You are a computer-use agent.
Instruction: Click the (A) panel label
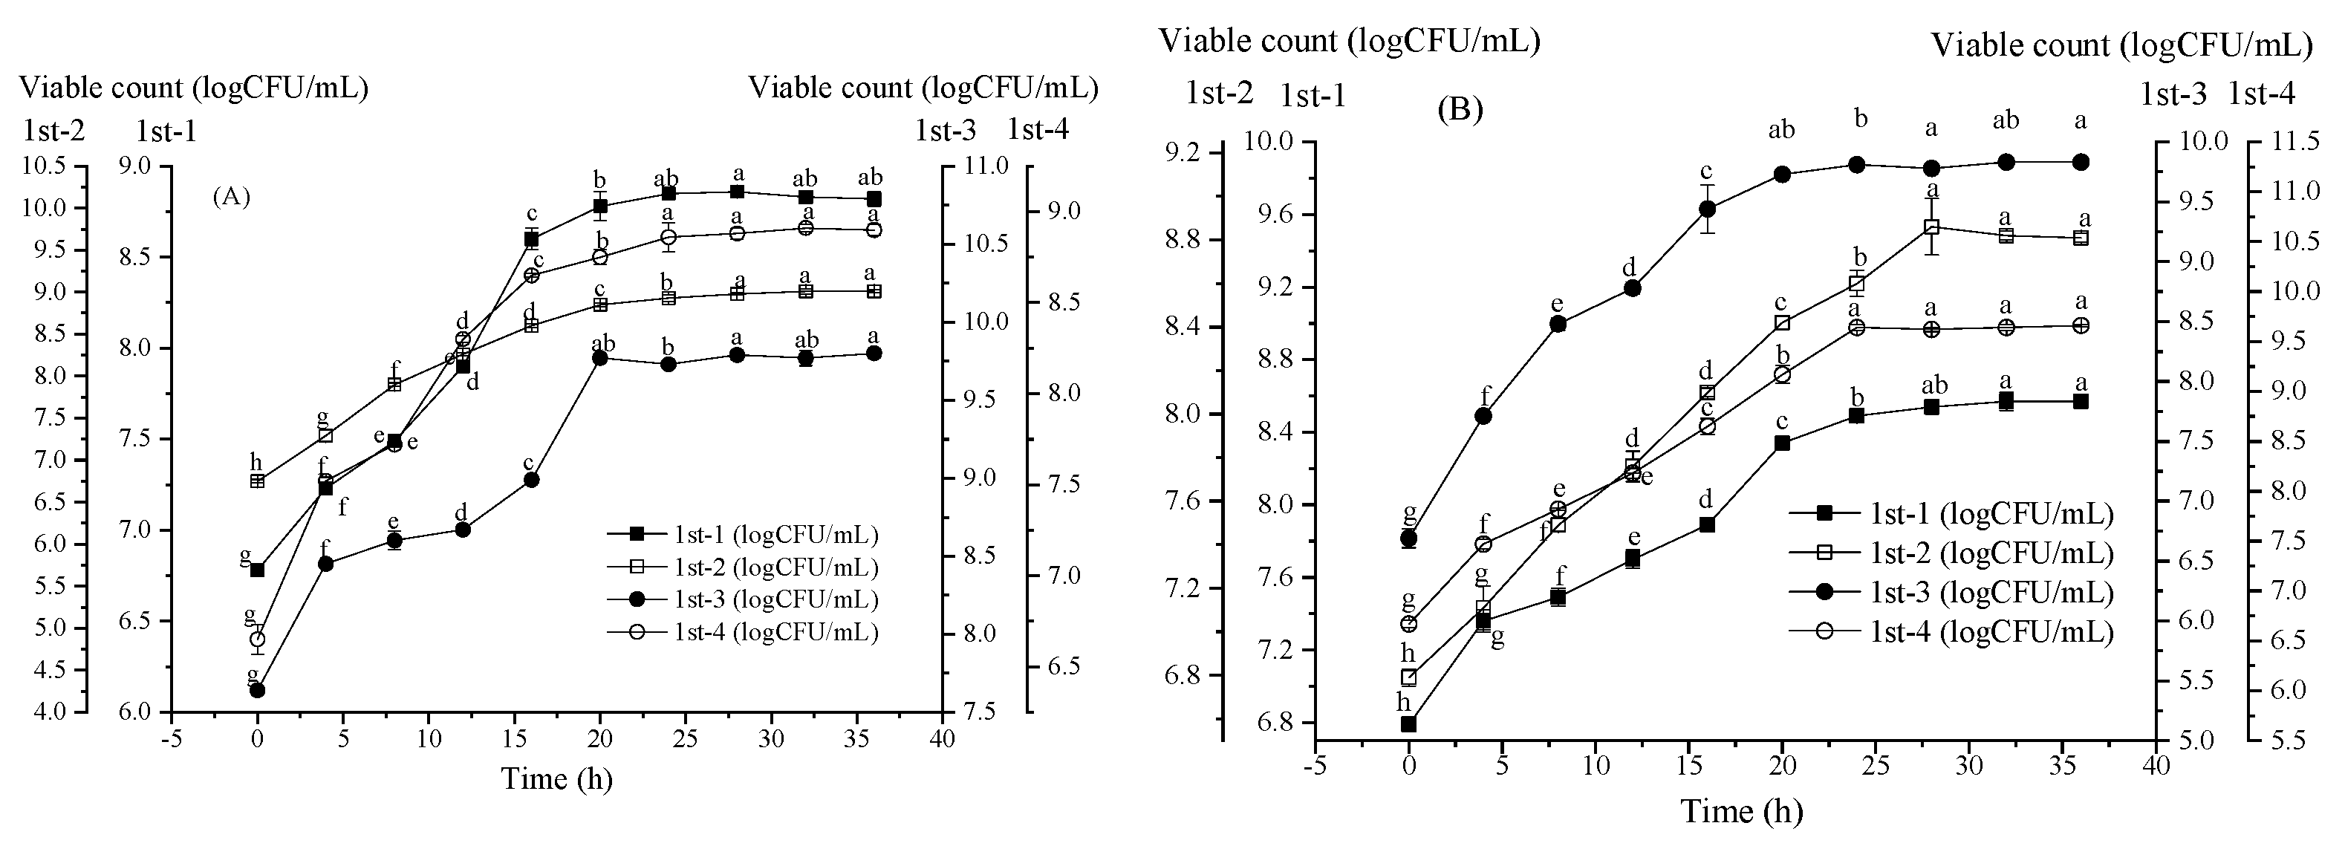[231, 197]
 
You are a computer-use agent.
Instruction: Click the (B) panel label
[1460, 110]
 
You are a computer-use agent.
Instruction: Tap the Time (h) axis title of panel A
[556, 778]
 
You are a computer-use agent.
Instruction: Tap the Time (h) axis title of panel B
[1740, 811]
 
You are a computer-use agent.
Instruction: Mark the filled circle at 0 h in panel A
[257, 690]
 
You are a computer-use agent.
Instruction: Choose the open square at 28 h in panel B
[1931, 227]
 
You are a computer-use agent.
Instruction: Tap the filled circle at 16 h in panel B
[1707, 209]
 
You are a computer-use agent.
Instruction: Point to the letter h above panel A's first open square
[256, 462]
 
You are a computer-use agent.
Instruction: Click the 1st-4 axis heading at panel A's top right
[1038, 130]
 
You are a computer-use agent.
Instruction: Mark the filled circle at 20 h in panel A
[600, 358]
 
